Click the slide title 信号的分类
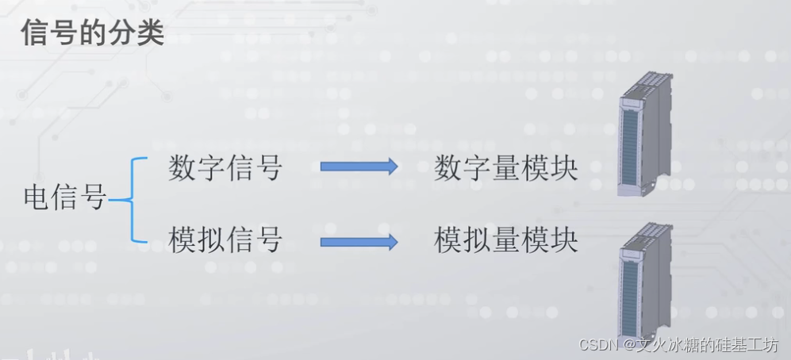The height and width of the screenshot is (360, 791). [91, 33]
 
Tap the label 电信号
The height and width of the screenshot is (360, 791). [65, 198]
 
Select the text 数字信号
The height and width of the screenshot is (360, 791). [225, 167]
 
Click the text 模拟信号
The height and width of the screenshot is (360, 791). [225, 239]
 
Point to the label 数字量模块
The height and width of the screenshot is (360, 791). [505, 168]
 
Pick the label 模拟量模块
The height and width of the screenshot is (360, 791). [505, 240]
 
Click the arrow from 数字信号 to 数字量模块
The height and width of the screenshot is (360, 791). [359, 167]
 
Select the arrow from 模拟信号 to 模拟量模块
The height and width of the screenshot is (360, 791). [359, 240]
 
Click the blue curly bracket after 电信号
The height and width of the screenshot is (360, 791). [131, 200]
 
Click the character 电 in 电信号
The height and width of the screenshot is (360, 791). [36, 198]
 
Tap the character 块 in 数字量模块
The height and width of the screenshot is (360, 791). [563, 168]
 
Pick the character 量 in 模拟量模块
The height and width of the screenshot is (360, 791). [505, 240]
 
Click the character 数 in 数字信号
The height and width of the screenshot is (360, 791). [182, 167]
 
